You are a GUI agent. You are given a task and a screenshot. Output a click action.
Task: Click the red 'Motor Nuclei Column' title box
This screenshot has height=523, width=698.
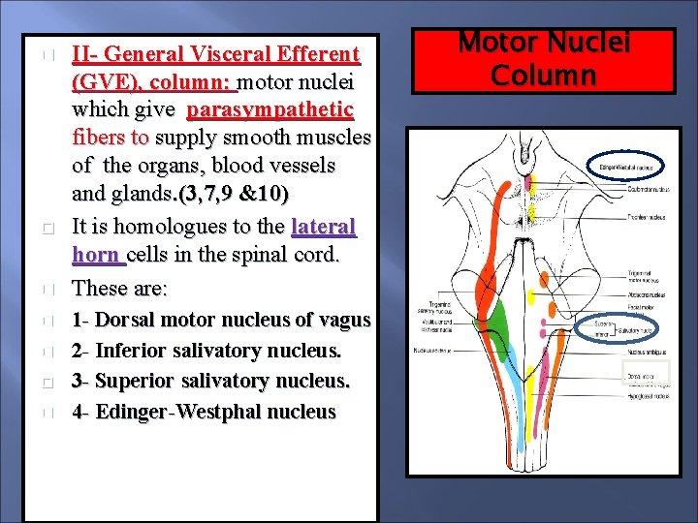click(544, 60)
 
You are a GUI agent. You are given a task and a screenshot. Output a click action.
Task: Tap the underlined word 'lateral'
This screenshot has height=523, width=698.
click(324, 228)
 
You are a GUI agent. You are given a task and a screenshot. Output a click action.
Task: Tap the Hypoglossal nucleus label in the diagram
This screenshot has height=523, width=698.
click(645, 395)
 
